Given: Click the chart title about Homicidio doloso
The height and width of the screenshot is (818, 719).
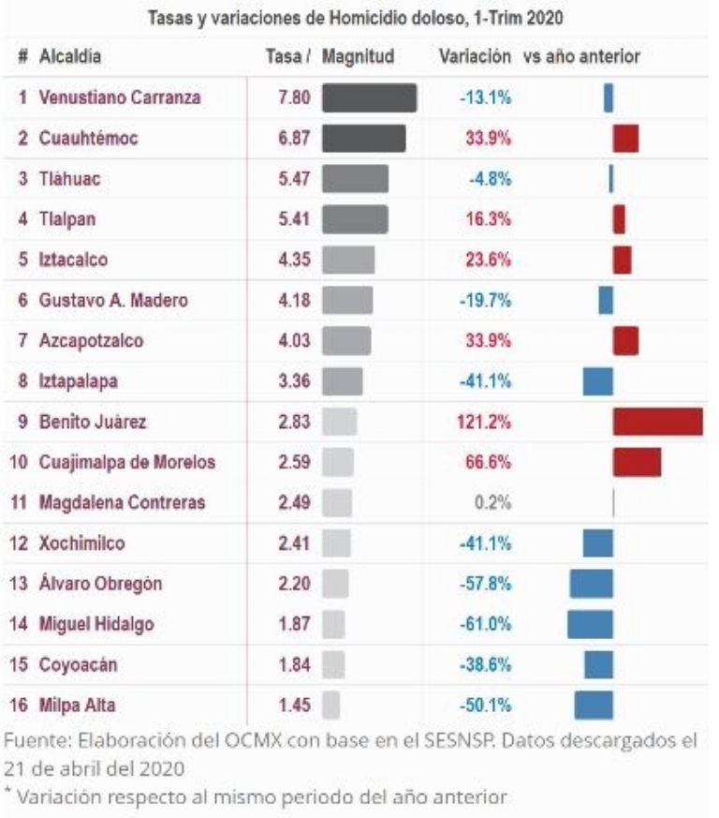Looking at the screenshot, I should (360, 18).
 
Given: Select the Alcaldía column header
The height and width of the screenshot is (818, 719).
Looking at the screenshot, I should (70, 57).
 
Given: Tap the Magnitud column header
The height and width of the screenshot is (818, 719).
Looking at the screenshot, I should (359, 57).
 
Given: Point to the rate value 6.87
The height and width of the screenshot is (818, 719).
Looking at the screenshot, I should (294, 138).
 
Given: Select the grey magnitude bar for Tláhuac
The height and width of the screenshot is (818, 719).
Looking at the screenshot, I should (355, 178).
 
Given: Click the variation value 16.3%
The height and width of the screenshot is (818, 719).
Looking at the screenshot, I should (487, 219).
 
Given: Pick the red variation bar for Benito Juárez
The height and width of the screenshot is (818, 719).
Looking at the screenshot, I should (657, 422).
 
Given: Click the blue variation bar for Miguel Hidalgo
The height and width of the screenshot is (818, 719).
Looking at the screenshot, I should (590, 624).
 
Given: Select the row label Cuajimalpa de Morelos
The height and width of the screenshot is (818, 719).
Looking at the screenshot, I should (127, 462).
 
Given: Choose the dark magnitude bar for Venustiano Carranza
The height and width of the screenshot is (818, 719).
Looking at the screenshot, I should (369, 97).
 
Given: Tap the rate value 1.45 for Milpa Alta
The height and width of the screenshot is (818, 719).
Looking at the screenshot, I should (294, 705).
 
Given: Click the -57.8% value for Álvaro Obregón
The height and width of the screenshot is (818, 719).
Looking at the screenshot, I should (485, 584).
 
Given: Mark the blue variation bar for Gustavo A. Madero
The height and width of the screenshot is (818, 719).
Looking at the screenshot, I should (606, 300).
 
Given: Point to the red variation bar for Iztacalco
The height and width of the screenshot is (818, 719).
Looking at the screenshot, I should (623, 260).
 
